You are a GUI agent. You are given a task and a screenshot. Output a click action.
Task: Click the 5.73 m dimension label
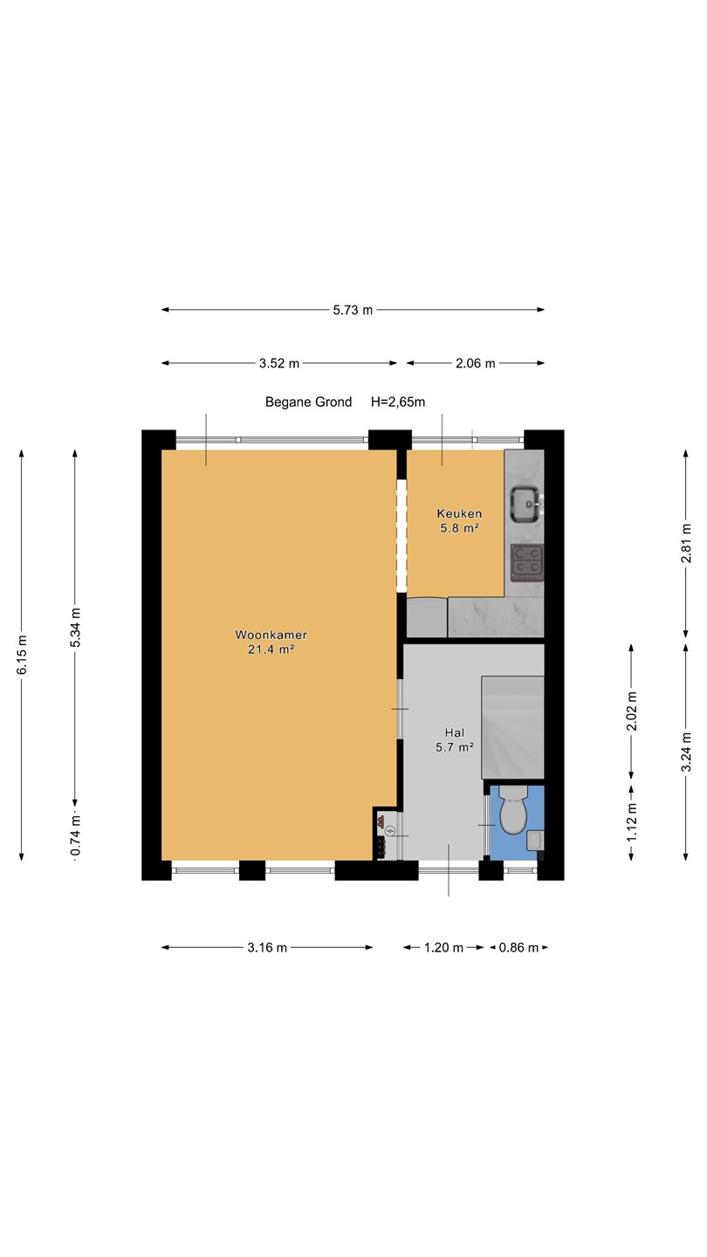coord(353,310)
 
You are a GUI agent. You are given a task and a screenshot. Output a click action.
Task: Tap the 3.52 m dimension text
coord(279,364)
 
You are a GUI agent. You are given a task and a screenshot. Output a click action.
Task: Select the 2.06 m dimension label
coord(475,364)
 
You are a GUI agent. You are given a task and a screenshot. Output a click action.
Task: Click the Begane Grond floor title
coord(309,402)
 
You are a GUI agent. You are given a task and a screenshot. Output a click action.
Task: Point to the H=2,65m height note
coord(398,402)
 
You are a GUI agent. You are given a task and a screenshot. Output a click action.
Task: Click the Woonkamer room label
coord(271,635)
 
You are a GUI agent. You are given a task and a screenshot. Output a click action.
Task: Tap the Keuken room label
coord(459,513)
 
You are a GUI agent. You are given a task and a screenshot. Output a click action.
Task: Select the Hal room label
coord(455,732)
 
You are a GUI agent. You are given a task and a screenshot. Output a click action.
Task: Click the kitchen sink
coord(525,504)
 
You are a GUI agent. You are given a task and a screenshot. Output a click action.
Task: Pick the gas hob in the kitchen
coord(527,563)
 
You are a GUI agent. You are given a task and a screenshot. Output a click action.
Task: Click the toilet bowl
coord(513,809)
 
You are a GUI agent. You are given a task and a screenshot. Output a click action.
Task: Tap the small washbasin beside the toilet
coord(535,840)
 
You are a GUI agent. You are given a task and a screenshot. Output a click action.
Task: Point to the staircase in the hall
coord(513,727)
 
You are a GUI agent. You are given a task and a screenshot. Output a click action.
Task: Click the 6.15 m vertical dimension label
coord(21,655)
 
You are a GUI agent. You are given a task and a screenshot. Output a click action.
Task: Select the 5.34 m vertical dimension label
coord(75,628)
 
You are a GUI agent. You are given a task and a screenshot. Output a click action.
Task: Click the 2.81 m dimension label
coord(686,543)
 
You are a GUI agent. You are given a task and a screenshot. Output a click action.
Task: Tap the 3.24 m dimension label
coord(686,752)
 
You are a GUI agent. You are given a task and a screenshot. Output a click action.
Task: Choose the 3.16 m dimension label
coord(267,948)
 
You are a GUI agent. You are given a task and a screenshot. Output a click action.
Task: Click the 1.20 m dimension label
coord(443,948)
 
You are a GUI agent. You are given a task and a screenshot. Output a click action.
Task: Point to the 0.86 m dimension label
coord(518,948)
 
